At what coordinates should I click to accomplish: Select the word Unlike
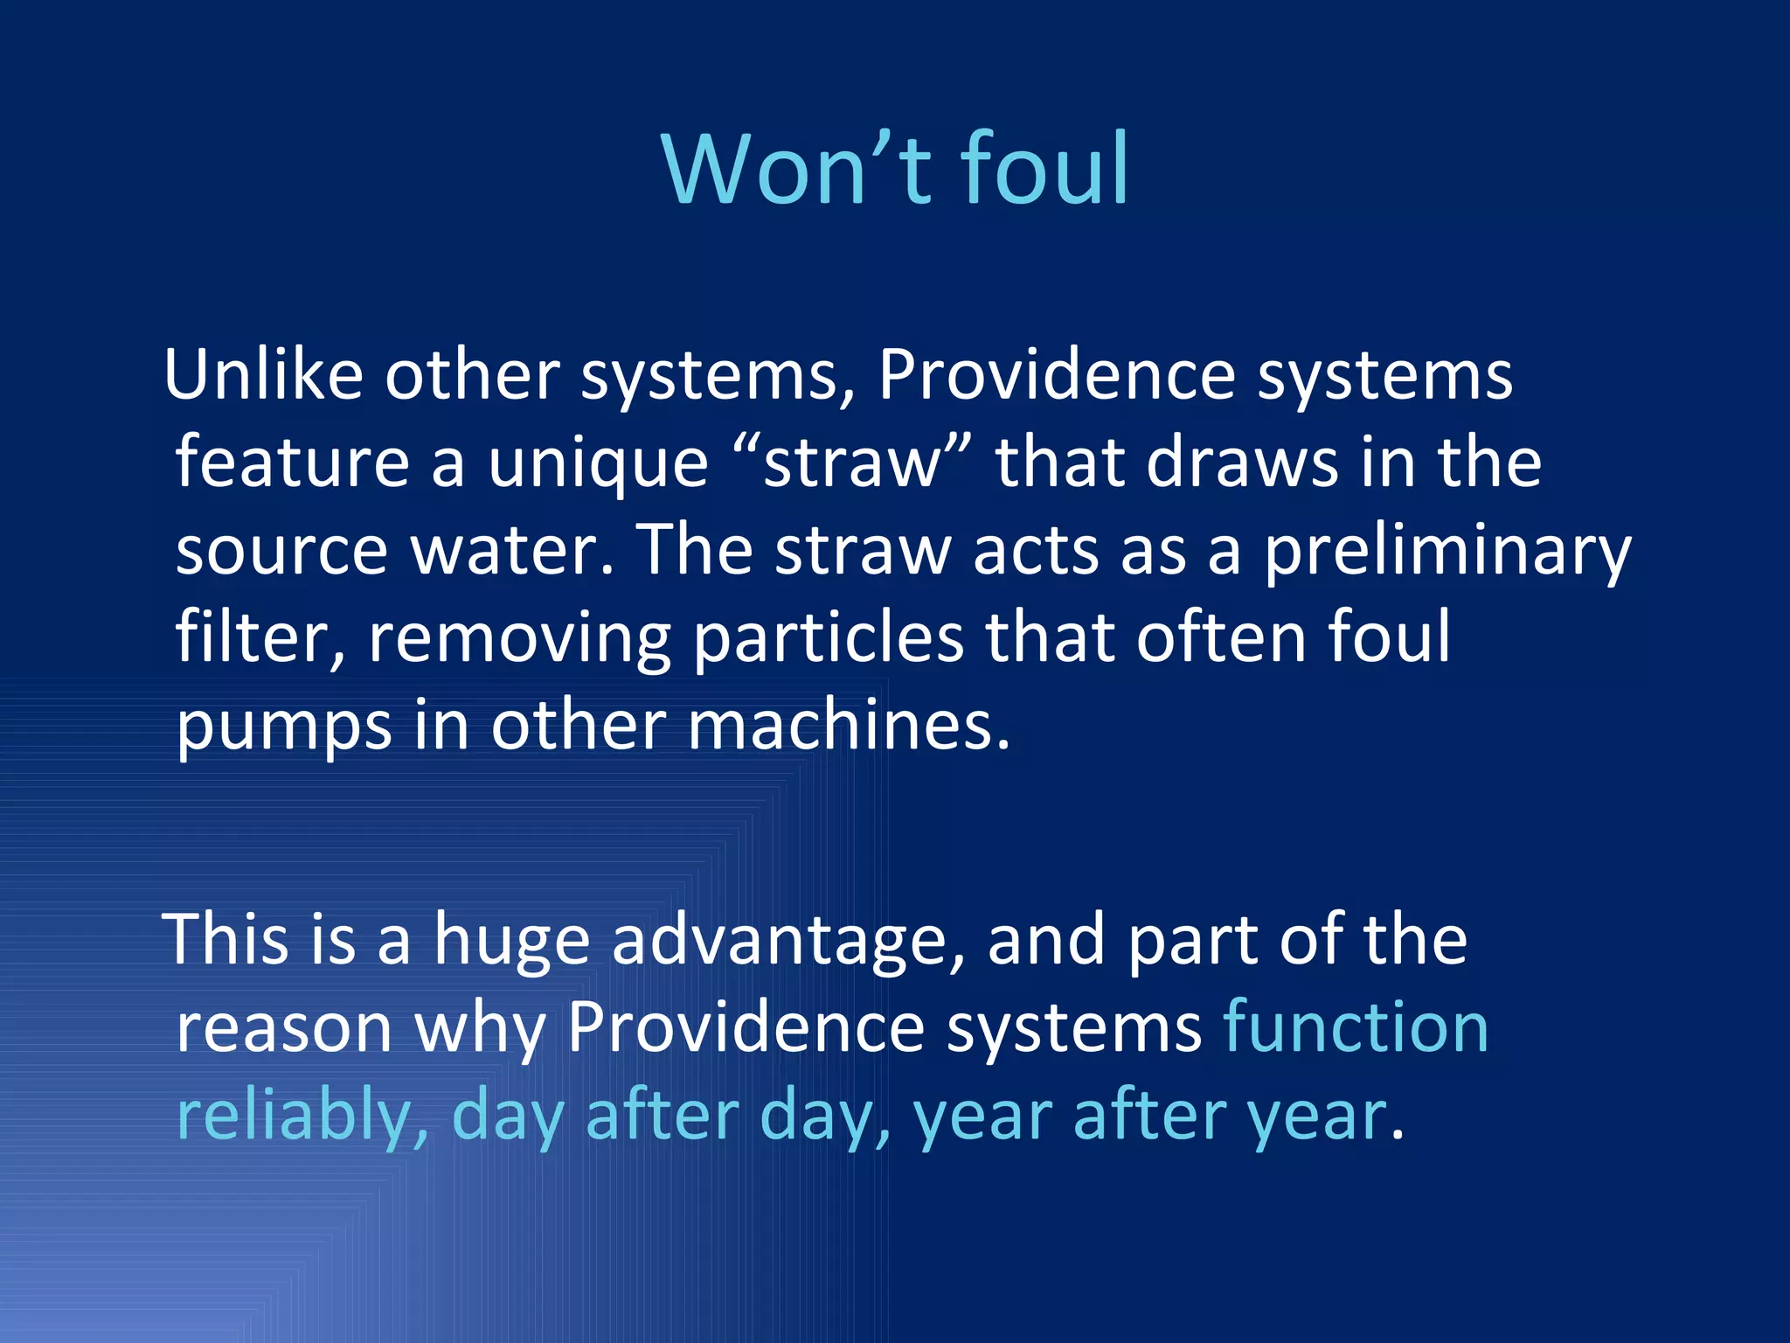coord(263,374)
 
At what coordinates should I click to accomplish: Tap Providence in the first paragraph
coord(1056,374)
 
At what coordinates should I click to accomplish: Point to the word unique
coord(598,463)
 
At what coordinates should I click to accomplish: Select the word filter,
coord(260,638)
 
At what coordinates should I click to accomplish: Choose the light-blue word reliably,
coord(302,1117)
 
